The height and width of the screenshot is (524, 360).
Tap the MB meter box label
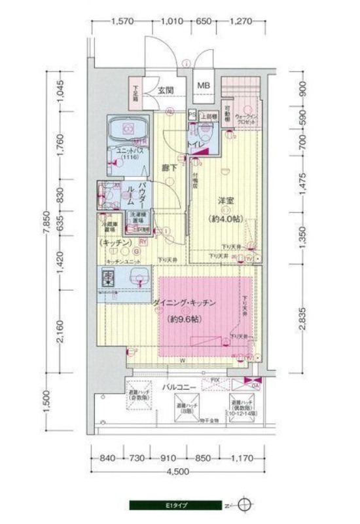[x=204, y=86]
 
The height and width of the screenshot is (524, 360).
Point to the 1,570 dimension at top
[x=123, y=21]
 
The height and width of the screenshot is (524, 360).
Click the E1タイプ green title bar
[x=176, y=506]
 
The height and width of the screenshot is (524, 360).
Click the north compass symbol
[x=244, y=506]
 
